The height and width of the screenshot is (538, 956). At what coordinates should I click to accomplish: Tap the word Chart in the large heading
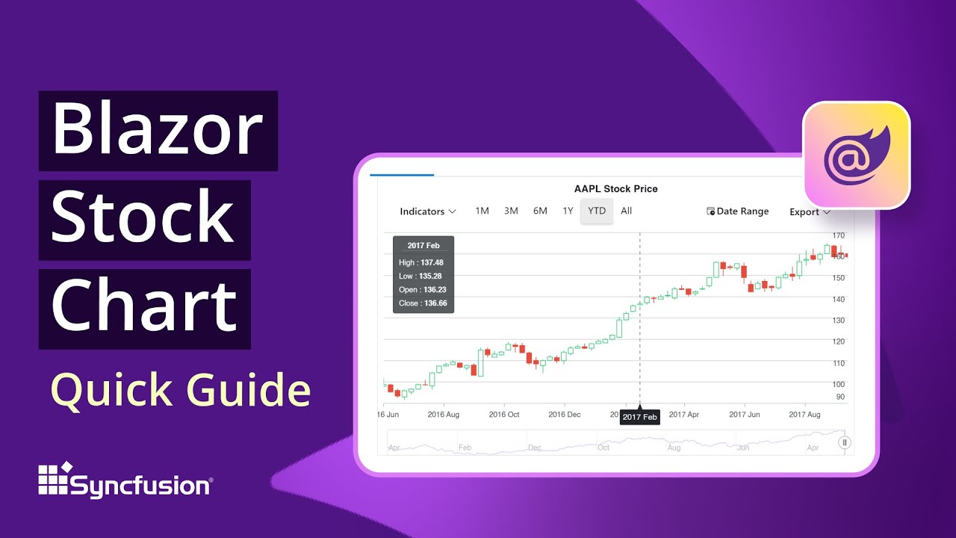click(x=143, y=306)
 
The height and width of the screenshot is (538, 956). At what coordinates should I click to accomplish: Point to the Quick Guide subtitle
click(x=180, y=390)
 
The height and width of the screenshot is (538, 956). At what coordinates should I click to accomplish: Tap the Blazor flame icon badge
click(x=856, y=155)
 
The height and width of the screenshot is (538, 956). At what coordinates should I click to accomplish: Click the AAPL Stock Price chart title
click(x=615, y=189)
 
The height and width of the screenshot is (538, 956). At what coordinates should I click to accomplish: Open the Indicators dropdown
click(x=428, y=211)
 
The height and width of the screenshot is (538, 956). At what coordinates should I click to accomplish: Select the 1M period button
click(x=482, y=211)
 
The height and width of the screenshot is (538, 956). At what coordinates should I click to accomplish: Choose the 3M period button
click(x=511, y=211)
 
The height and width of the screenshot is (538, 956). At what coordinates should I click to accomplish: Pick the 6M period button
click(x=540, y=211)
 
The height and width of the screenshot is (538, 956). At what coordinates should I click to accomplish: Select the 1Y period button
click(x=568, y=211)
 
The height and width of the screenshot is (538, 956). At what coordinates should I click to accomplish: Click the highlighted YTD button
click(x=597, y=211)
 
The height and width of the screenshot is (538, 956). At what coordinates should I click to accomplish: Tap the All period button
click(x=626, y=211)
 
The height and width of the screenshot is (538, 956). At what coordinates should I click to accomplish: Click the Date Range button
click(x=738, y=211)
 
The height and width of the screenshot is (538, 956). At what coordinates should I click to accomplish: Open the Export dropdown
click(x=810, y=212)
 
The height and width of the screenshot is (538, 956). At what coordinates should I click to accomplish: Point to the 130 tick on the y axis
click(x=839, y=321)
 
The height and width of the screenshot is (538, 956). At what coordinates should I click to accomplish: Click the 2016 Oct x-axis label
click(x=503, y=414)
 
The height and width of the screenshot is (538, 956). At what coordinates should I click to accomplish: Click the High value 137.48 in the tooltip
click(x=432, y=262)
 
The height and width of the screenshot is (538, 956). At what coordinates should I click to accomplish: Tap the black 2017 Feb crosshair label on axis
click(x=640, y=417)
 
